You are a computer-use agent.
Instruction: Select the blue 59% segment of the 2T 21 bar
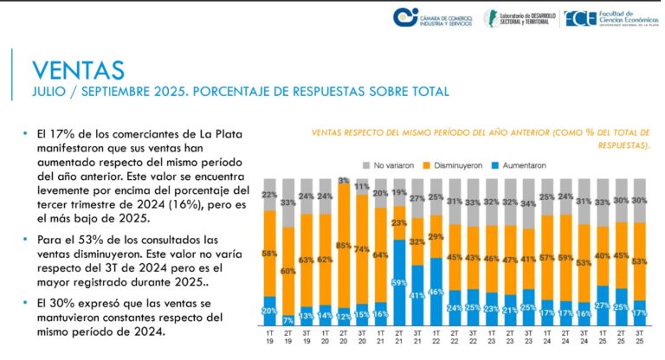[399, 283]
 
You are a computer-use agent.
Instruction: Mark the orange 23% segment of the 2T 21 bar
[399, 222]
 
